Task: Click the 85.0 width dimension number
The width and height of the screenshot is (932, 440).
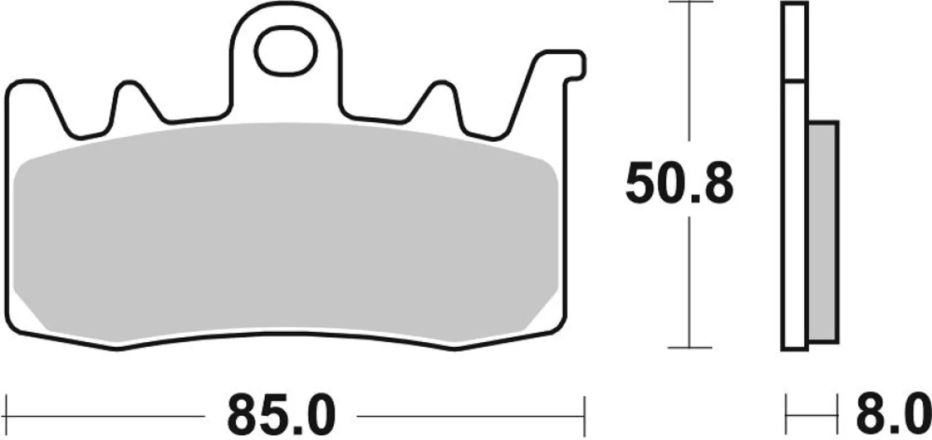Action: [x=281, y=416]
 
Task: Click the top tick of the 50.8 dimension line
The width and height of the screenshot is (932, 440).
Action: [x=690, y=2]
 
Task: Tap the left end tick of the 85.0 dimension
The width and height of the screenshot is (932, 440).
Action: [x=7, y=416]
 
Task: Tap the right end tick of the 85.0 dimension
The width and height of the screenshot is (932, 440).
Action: [x=584, y=416]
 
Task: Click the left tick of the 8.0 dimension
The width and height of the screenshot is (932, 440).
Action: [x=786, y=416]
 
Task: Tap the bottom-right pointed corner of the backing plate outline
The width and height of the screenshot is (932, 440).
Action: [x=455, y=350]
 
